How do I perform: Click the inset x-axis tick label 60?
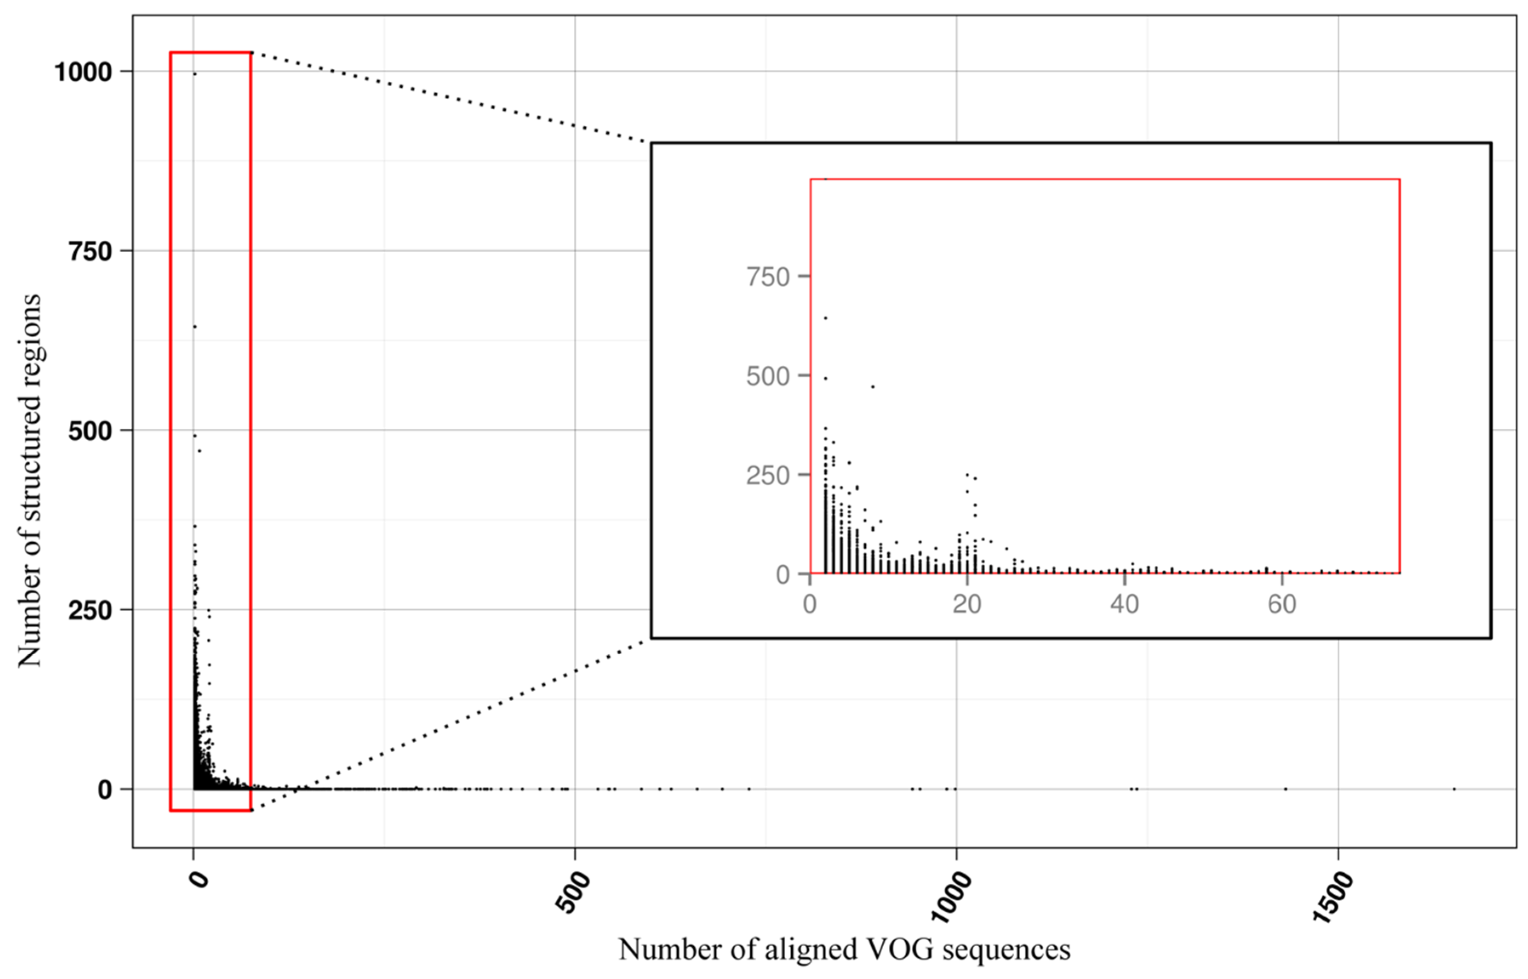click(x=1281, y=604)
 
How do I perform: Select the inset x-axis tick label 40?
click(x=1124, y=604)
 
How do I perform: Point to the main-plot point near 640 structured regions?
click(x=195, y=327)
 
